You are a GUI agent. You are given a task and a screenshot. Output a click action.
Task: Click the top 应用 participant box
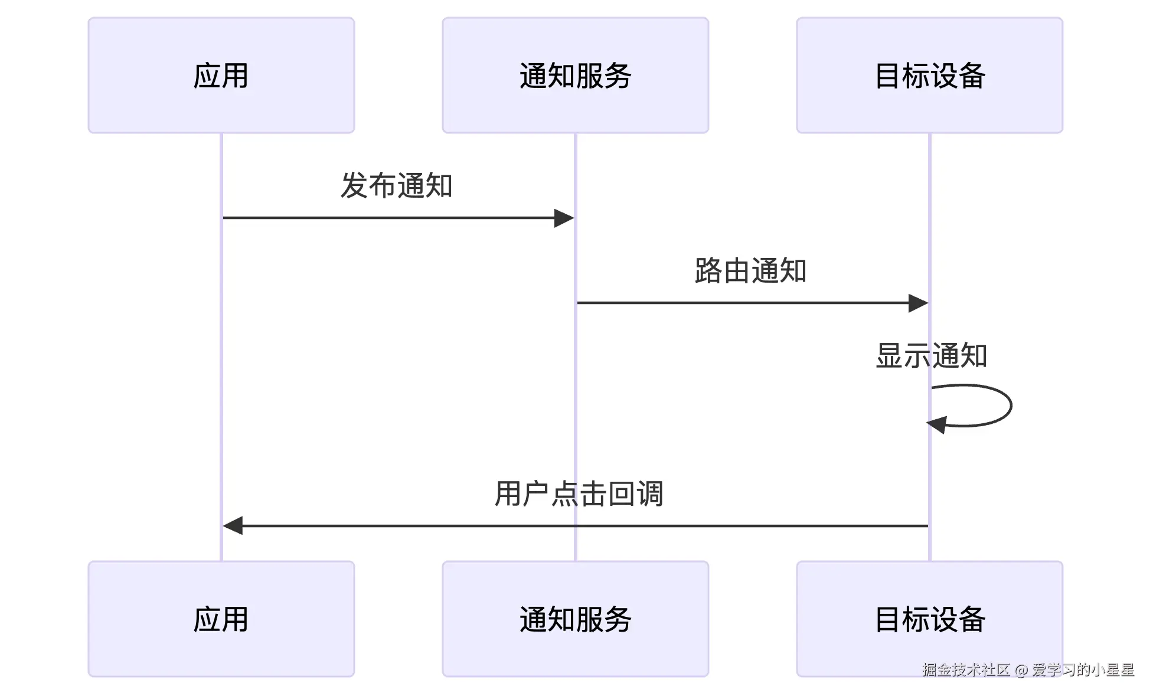[x=221, y=75]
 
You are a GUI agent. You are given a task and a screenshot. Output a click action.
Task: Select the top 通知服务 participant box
[x=575, y=75]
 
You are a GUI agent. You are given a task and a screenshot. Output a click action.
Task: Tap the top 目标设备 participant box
[x=929, y=75]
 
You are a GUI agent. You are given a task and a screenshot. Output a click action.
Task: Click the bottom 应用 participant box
[x=221, y=619]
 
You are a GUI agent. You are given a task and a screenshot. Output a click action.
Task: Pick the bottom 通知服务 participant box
[x=575, y=619]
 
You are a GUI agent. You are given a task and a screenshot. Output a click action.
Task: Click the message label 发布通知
[x=396, y=185]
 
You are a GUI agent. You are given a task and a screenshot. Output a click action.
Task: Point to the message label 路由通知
[x=750, y=271]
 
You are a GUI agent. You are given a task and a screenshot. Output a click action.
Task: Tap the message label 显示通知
[x=931, y=356]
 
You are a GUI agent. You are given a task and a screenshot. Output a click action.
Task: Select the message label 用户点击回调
[x=579, y=494]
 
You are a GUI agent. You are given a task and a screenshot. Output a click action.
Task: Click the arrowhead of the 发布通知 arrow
[x=564, y=218]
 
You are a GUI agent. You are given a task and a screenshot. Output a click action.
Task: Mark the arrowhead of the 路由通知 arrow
[x=919, y=303]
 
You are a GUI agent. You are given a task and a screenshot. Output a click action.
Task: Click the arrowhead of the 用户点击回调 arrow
[x=233, y=525]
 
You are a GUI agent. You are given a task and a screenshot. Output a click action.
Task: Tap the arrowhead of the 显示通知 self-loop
[x=937, y=424]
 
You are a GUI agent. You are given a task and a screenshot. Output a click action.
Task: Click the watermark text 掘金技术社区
[x=966, y=669]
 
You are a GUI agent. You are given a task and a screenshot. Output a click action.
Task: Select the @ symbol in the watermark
[x=1021, y=670]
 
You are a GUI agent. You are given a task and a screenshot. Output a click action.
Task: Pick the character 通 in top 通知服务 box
[x=533, y=76]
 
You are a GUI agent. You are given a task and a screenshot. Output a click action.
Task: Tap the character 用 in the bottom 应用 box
[x=235, y=619]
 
